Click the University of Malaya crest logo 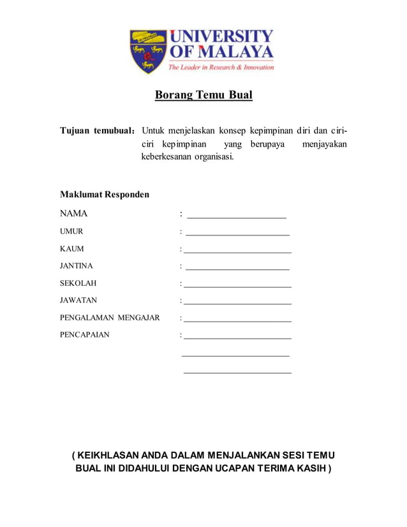click(148, 51)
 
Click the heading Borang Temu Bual click(204, 96)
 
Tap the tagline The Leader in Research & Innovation click(221, 67)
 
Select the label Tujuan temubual click(97, 131)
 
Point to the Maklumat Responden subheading click(105, 194)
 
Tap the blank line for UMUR click(237, 235)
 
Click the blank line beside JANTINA click(237, 269)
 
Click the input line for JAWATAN click(237, 304)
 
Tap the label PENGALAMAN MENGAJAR click(110, 318)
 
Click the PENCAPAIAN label click(84, 334)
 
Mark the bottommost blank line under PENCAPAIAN click(237, 372)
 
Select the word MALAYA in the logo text click(239, 51)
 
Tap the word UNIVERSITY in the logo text click(221, 36)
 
